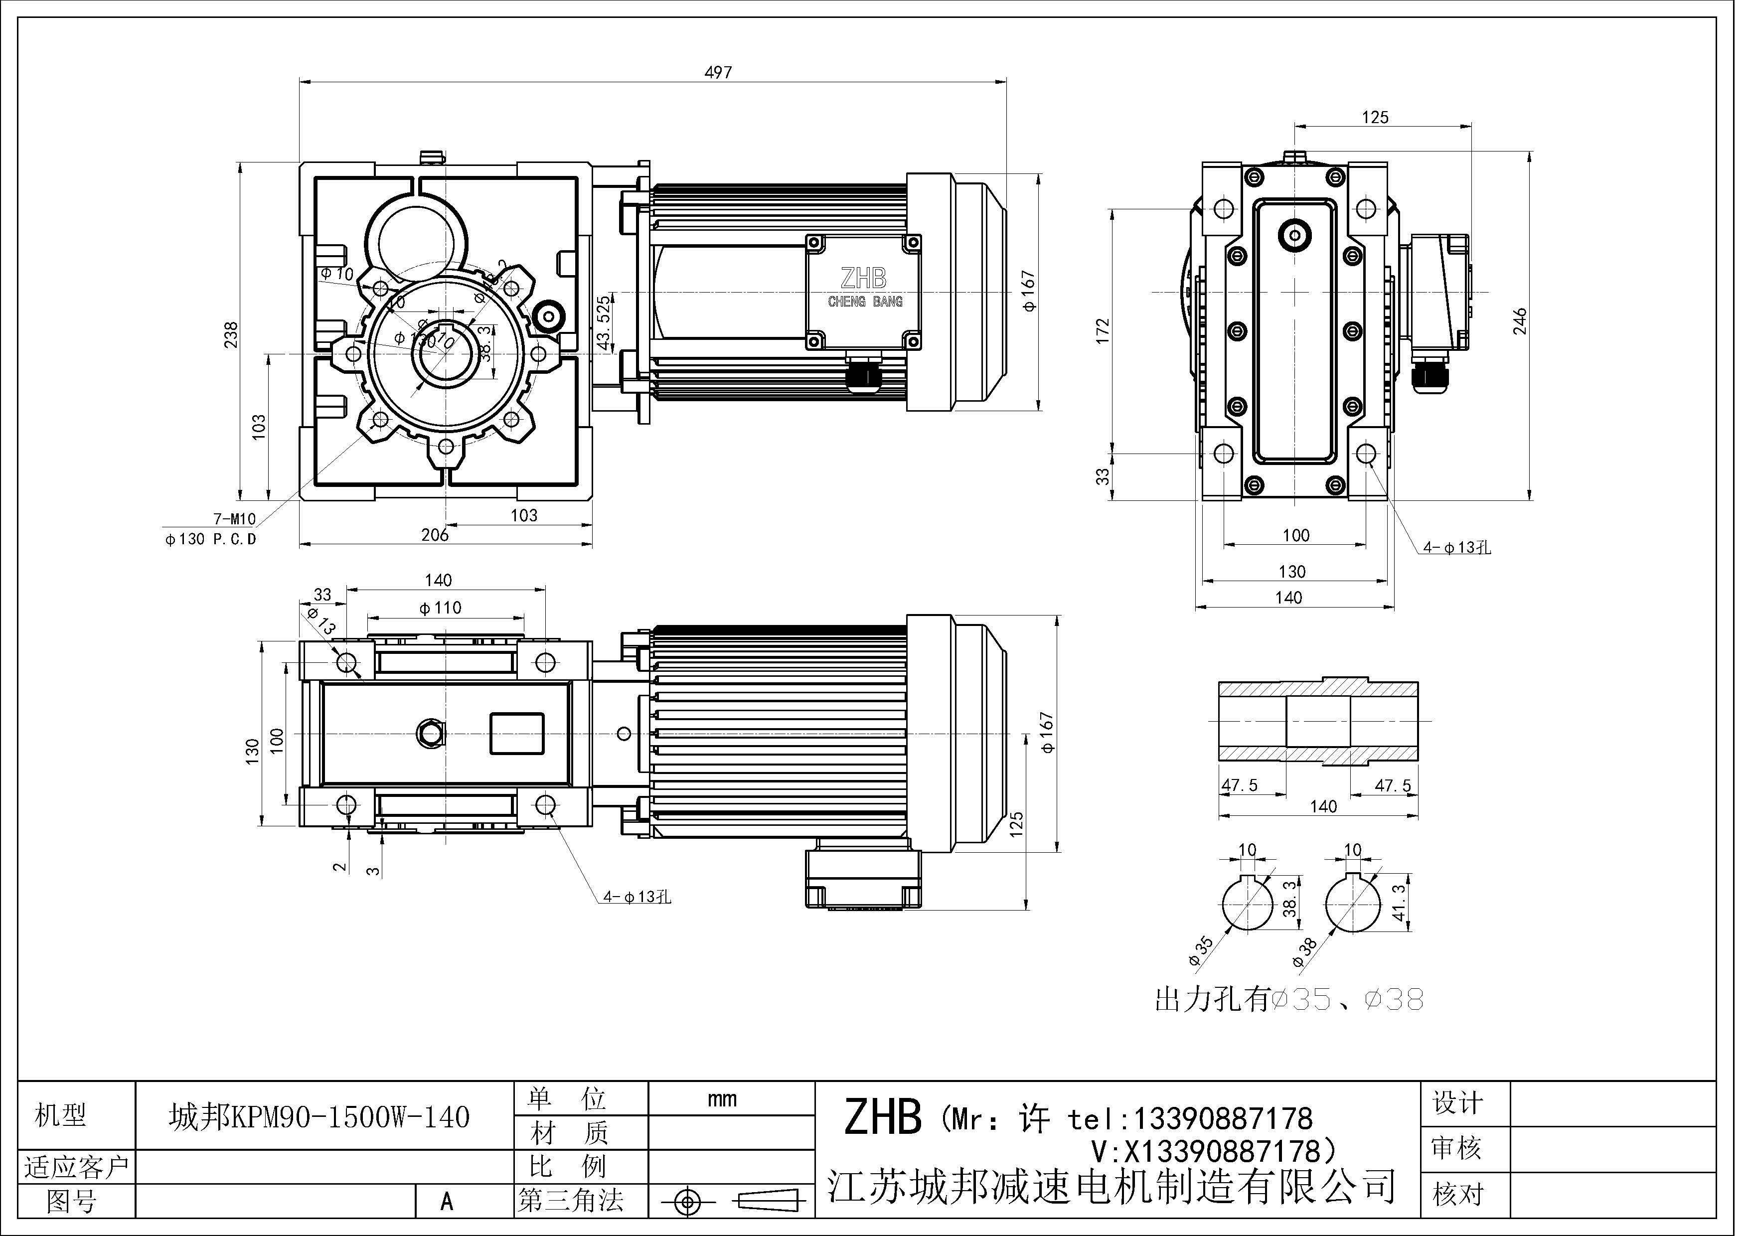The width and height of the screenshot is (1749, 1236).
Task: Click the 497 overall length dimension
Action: pos(718,72)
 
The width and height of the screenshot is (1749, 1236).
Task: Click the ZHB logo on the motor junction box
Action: pos(864,279)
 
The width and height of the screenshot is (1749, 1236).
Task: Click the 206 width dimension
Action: pos(435,535)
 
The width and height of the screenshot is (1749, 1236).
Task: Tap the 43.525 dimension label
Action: pos(604,323)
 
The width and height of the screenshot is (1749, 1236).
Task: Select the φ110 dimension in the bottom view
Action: pos(440,608)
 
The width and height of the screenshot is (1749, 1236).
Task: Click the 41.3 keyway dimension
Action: pos(1399,903)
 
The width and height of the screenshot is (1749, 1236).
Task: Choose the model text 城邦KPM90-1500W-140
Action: pos(319,1117)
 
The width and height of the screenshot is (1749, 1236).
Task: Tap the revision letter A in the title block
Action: pos(447,1202)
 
